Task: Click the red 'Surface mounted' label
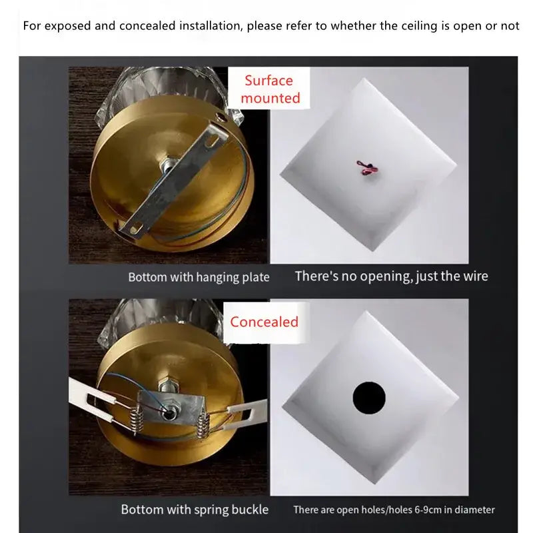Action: click(270, 89)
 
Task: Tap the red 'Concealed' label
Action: click(264, 322)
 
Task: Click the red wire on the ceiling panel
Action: click(367, 167)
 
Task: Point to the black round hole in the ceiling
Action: click(369, 398)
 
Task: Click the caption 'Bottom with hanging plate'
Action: click(199, 277)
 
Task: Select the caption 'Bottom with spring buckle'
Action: click(195, 510)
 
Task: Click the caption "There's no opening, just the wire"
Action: click(391, 276)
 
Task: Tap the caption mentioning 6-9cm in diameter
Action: click(394, 510)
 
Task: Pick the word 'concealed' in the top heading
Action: click(147, 26)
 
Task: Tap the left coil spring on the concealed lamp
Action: click(137, 420)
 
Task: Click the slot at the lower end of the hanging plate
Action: click(135, 227)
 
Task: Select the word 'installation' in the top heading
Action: click(211, 26)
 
